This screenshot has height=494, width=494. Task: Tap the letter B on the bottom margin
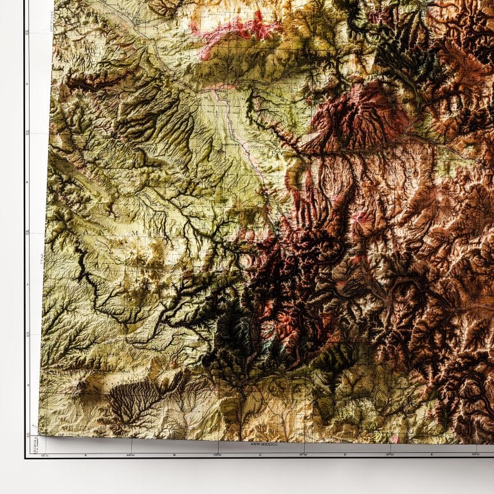pos(174,454)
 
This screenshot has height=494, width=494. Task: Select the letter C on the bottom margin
pos(260,454)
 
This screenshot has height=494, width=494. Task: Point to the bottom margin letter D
pos(345,454)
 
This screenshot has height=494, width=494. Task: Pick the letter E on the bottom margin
pos(432,454)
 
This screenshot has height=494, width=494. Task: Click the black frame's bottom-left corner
pos(26,457)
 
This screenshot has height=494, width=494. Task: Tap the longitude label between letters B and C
pos(217,455)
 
